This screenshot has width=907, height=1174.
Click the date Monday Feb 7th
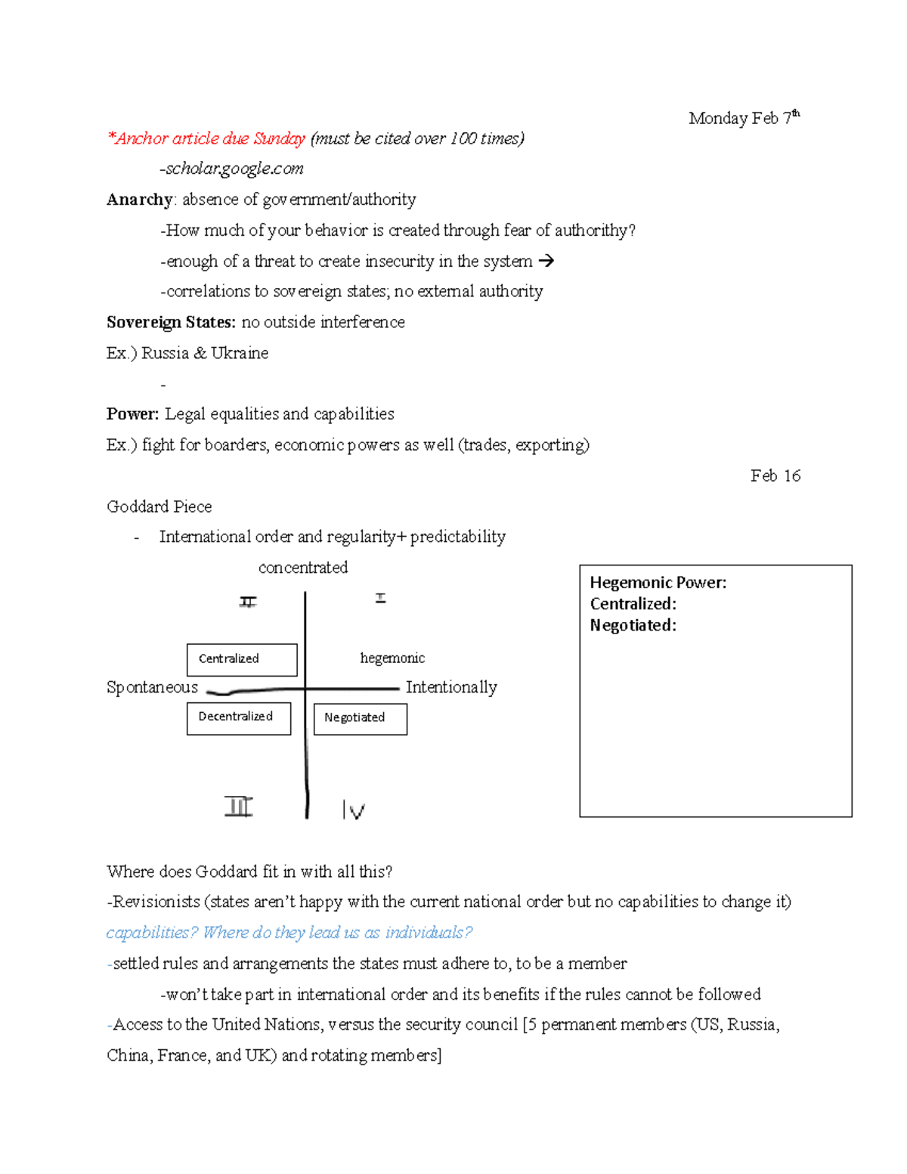744,118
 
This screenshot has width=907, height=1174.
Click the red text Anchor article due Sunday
206,138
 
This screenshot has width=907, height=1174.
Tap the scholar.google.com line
231,169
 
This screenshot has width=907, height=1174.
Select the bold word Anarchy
140,200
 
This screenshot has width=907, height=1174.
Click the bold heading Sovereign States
171,322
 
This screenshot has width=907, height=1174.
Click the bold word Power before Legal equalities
132,414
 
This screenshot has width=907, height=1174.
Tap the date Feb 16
775,475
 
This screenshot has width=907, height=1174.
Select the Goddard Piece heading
159,506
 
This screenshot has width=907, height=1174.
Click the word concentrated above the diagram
303,568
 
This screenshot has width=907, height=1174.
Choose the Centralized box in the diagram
242,659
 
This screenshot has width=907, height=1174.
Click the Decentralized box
239,717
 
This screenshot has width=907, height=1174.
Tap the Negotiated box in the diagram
360,718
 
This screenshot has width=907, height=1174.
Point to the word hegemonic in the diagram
392,658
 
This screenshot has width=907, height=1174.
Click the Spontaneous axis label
152,687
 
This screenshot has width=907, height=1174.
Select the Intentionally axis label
451,687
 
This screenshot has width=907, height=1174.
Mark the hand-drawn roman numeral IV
353,810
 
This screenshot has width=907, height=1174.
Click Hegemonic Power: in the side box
658,582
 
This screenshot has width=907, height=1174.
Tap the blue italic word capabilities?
151,933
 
